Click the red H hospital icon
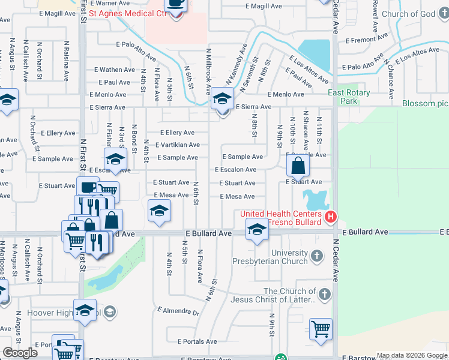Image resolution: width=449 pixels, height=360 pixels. click(329, 217)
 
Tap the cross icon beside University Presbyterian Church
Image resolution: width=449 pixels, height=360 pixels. click(317, 257)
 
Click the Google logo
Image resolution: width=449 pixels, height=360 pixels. click(20, 353)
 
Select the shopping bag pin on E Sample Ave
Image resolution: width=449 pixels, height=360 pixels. click(298, 166)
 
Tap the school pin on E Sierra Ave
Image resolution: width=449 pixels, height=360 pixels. click(222, 100)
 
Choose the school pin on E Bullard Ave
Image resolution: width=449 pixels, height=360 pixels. click(257, 230)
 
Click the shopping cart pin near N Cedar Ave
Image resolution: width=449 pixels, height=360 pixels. click(321, 329)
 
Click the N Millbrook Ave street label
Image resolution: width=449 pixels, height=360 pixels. click(209, 71)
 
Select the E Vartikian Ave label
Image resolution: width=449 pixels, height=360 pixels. click(177, 145)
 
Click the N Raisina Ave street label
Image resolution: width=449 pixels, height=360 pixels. click(67, 60)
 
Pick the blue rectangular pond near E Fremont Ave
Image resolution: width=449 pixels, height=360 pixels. click(314, 56)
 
